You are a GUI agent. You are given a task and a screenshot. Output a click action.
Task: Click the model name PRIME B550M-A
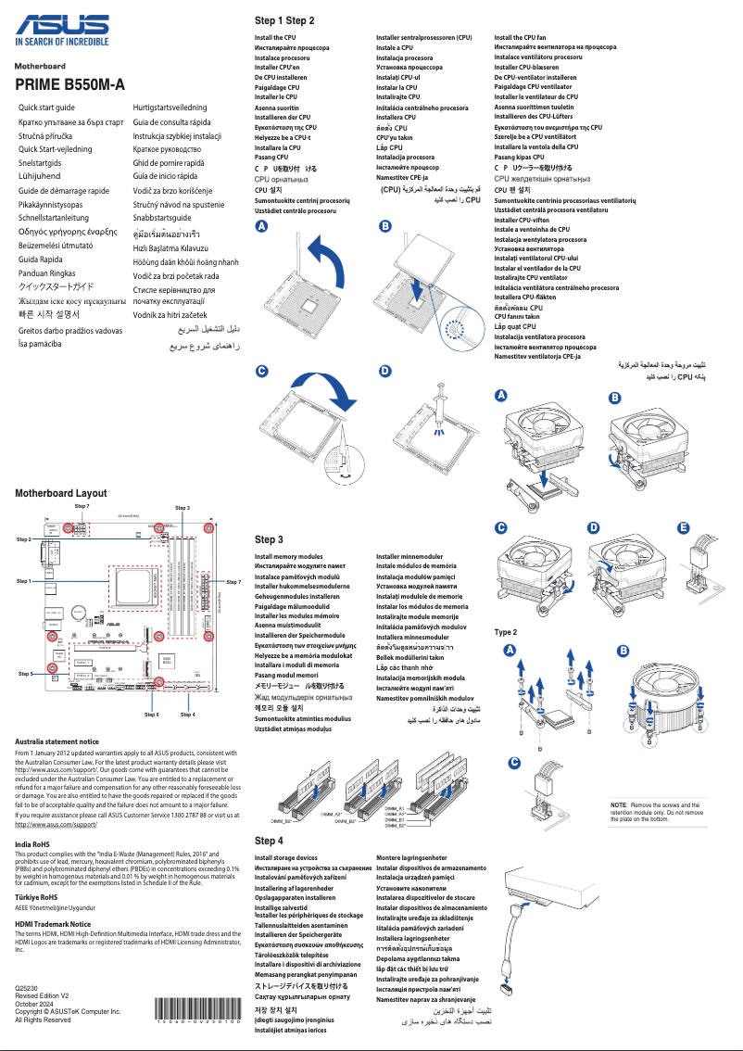tap(69, 85)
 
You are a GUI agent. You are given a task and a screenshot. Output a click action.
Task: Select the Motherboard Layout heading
tap(61, 493)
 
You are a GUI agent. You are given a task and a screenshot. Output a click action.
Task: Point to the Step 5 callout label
tap(26, 674)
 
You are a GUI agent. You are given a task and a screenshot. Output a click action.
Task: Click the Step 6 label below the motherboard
tap(152, 715)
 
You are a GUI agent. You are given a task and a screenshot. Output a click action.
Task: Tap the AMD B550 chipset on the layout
tap(167, 662)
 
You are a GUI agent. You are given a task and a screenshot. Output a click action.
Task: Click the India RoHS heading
tap(32, 844)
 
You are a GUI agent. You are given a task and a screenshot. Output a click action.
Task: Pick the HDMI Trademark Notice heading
tap(53, 923)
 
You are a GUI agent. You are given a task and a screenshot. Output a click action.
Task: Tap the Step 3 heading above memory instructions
tap(269, 539)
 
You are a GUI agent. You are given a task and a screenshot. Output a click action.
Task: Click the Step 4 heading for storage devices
tap(269, 841)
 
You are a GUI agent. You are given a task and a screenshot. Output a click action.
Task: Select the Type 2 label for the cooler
tap(506, 632)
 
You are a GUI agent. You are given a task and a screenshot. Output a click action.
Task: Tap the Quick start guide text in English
tap(47, 108)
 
